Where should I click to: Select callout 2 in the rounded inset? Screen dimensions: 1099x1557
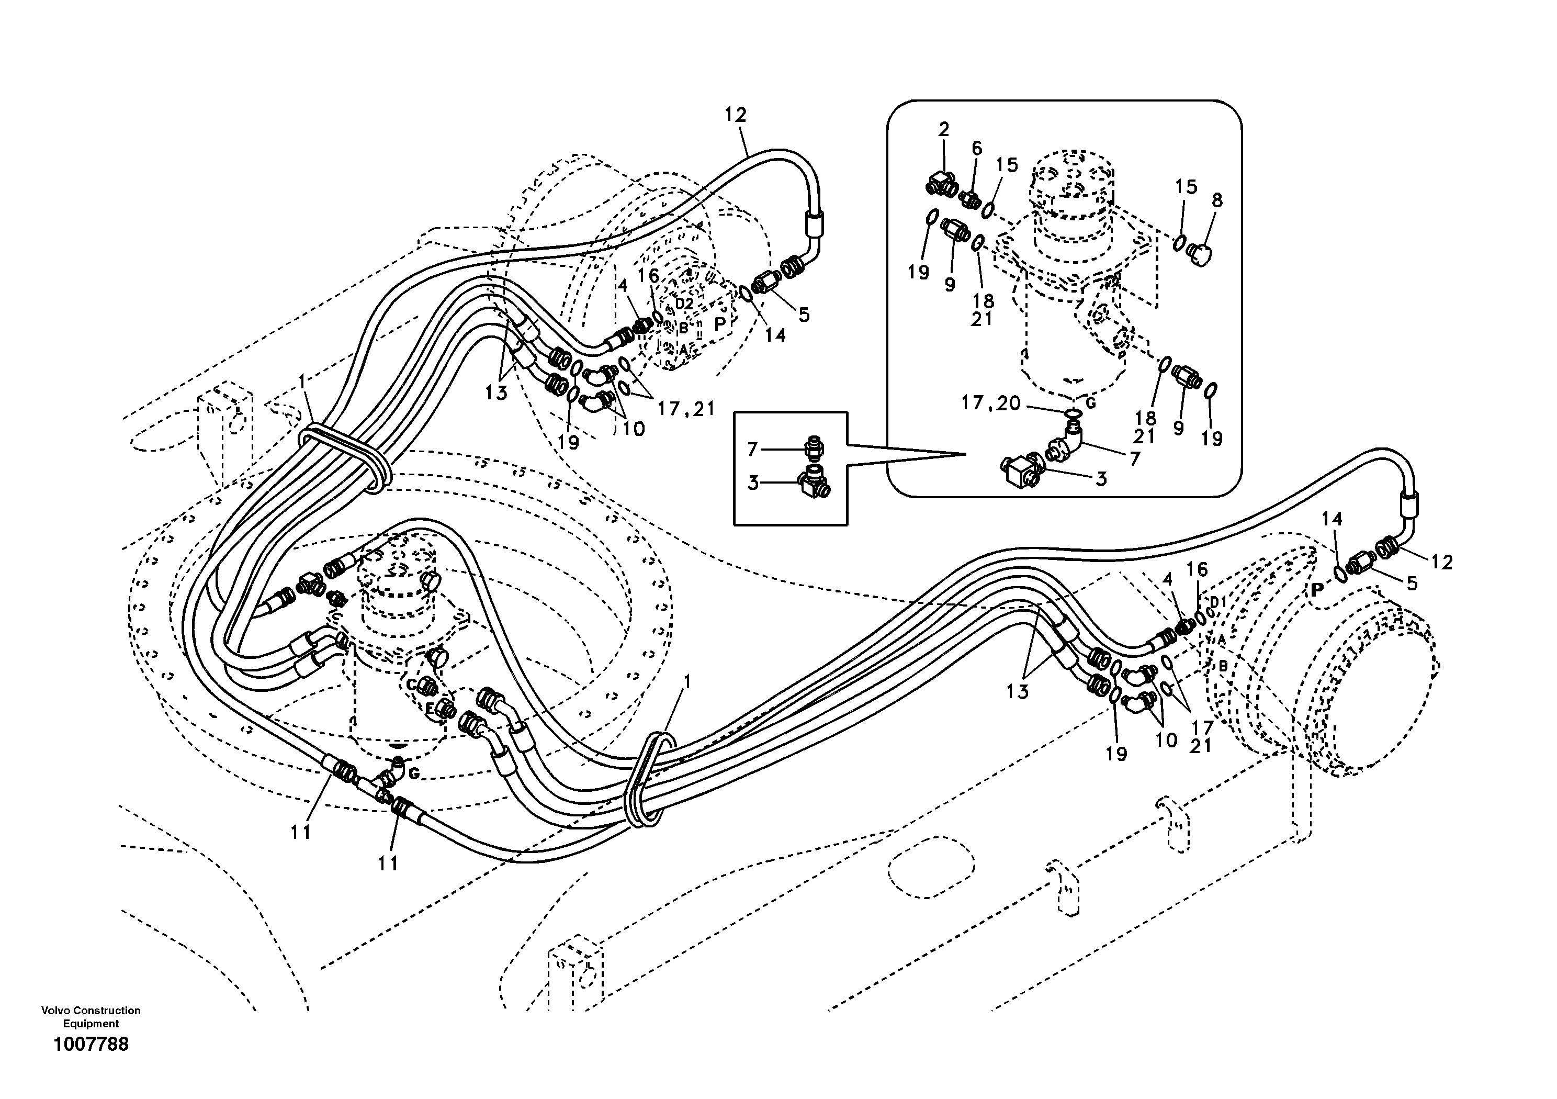(x=944, y=129)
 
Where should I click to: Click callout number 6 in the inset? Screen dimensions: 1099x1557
(x=976, y=148)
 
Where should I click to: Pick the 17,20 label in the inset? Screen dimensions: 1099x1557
(x=991, y=403)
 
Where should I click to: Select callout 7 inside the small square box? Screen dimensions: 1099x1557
(x=752, y=449)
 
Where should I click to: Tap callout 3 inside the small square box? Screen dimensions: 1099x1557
(x=753, y=483)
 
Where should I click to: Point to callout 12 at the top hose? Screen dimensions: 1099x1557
(x=735, y=115)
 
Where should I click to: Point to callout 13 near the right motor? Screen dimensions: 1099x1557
(x=1017, y=692)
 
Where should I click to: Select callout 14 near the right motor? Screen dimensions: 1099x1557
(x=1332, y=519)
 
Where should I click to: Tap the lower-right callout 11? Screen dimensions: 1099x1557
(x=388, y=863)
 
